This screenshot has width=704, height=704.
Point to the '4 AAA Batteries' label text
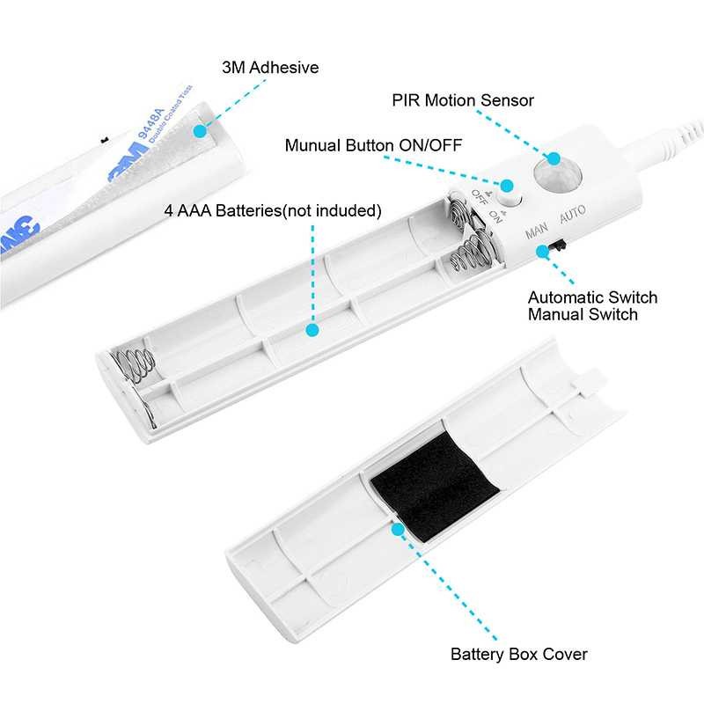click(x=274, y=211)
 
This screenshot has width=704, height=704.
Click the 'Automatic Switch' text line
click(x=591, y=297)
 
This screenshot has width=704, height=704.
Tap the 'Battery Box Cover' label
click(x=518, y=654)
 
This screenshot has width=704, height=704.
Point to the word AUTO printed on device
click(x=572, y=212)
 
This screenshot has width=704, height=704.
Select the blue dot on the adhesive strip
click(x=200, y=131)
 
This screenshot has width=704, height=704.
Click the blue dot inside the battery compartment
click(x=311, y=331)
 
